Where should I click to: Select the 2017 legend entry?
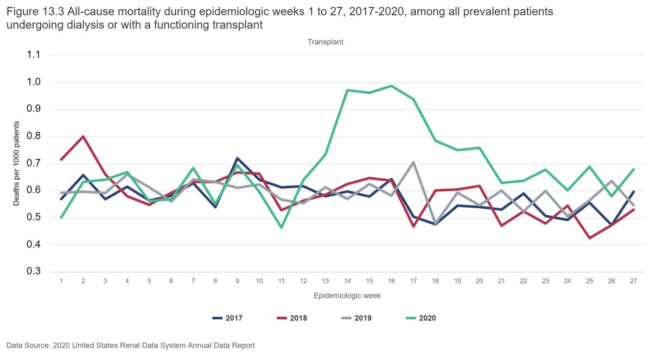click(x=226, y=318)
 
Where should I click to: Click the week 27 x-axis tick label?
click(x=633, y=281)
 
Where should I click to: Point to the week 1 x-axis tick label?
click(x=61, y=281)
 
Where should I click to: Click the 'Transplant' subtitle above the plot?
click(x=325, y=42)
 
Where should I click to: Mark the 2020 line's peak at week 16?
click(x=391, y=86)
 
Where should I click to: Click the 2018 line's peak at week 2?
click(x=82, y=136)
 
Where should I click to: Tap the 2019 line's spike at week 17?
click(x=413, y=162)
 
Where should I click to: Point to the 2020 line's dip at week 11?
click(x=281, y=228)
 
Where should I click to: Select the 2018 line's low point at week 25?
click(x=589, y=238)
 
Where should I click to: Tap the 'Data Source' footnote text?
click(x=130, y=345)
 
